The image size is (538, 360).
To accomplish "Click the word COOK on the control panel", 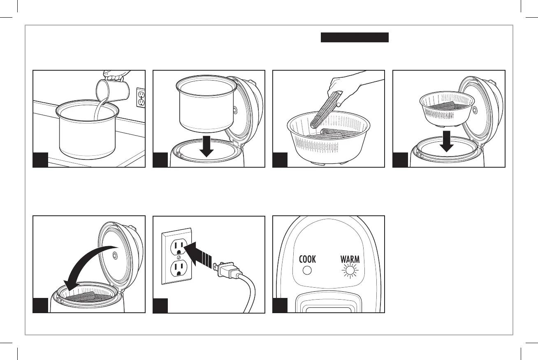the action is (307, 259).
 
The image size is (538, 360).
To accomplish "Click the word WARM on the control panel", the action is (350, 259).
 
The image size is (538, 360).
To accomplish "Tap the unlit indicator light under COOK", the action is (307, 271).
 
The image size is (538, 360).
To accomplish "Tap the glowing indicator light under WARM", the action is (350, 271).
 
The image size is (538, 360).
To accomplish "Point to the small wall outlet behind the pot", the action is (141, 98).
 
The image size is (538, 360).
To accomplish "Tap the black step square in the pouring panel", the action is (40, 159).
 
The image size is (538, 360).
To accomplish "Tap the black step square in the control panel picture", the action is (280, 305).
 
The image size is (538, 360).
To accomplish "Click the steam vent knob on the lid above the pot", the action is (235, 110).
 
